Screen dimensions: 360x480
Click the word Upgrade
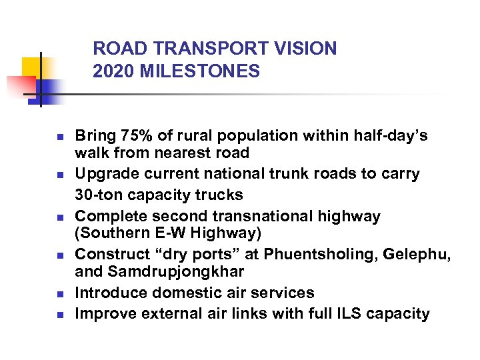click(x=105, y=174)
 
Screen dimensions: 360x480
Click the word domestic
click(x=181, y=293)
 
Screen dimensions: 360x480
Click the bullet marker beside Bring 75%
click(x=59, y=137)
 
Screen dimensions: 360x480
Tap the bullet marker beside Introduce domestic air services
click(x=59, y=294)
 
